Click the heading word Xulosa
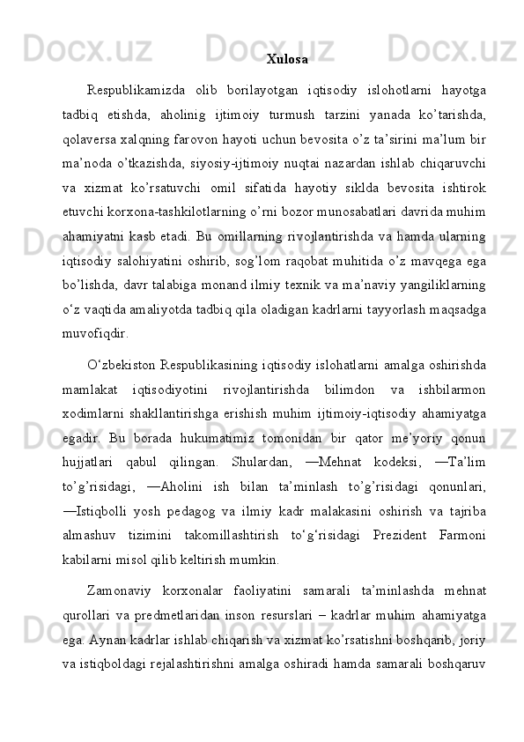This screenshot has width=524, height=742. pyautogui.click(x=287, y=60)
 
